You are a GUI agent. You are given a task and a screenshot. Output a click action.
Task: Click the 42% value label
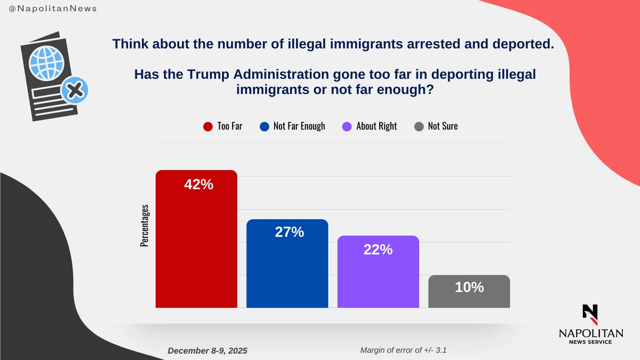point(198,185)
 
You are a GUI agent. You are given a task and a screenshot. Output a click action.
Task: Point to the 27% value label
point(290,232)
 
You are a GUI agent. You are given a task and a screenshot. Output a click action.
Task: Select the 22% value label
point(378,249)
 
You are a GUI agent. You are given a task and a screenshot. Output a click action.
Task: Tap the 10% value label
point(469,287)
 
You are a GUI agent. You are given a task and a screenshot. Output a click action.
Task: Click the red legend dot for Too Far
point(209,126)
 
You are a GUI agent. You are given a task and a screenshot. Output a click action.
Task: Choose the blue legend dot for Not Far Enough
point(265,126)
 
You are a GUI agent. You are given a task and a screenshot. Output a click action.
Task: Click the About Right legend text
point(377,126)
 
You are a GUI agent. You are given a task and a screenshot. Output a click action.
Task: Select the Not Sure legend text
point(443,126)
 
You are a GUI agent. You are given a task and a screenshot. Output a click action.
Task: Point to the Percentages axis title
point(145,226)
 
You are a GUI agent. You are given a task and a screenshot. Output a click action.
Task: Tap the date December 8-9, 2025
point(207,351)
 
